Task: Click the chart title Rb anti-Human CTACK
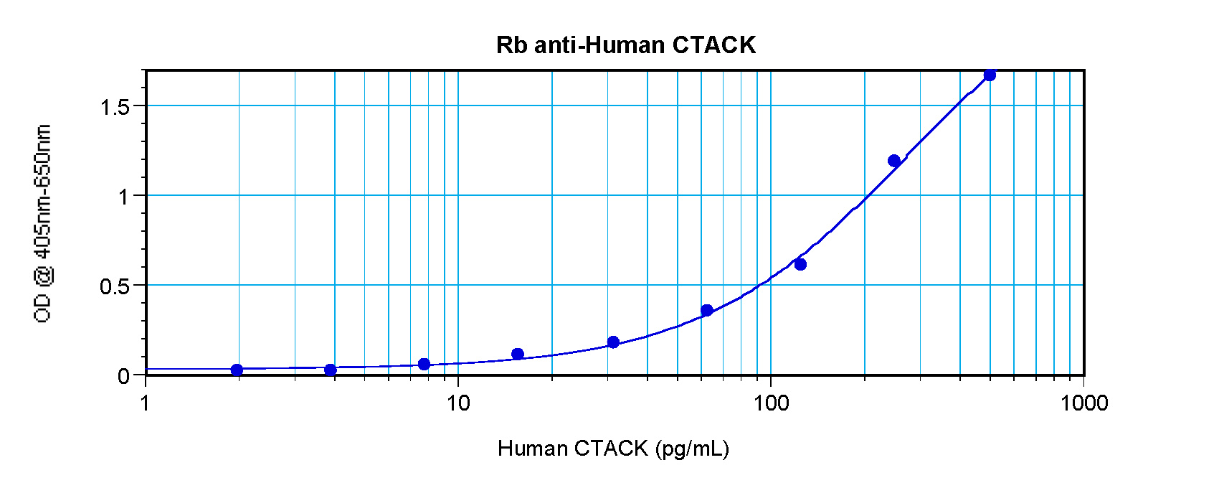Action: coord(625,45)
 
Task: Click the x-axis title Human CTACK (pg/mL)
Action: coord(613,449)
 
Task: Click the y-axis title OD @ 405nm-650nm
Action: coord(43,223)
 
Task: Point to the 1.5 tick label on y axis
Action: coord(115,107)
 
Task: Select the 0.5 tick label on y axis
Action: coord(115,286)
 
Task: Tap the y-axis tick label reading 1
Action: coord(124,197)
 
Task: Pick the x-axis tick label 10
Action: coord(458,403)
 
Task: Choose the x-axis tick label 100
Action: coord(771,403)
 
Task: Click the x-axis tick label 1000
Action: coord(1084,403)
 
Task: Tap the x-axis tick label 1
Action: coord(146,403)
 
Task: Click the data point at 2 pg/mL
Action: coord(237,370)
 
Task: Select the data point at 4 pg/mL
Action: coord(331,370)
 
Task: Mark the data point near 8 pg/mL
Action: coord(424,364)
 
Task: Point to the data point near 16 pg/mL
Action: coord(518,354)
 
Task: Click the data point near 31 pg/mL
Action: coord(613,342)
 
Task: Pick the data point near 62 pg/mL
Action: coord(707,310)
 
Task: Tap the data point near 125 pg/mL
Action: coord(800,264)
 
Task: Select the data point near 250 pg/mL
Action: coord(894,160)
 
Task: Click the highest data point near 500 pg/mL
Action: coord(990,75)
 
